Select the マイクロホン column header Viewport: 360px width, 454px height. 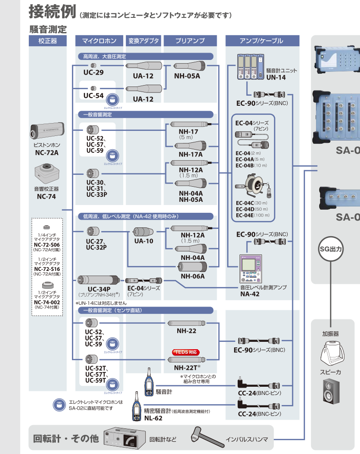[x=98, y=41]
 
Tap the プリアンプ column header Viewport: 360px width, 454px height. [x=190, y=41]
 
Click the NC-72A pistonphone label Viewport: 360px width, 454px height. [x=47, y=152]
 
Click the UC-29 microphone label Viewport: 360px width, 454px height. [x=93, y=73]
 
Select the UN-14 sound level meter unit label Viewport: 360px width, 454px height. [x=276, y=77]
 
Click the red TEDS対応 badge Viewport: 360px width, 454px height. [x=186, y=352]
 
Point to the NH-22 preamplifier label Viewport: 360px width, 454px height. [x=186, y=330]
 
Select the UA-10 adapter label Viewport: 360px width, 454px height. [x=144, y=241]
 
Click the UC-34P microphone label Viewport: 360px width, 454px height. [x=98, y=289]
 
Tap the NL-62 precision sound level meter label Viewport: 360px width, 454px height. [x=153, y=418]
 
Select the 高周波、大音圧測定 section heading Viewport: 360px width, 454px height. [x=101, y=56]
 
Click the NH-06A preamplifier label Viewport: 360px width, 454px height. [x=192, y=276]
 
